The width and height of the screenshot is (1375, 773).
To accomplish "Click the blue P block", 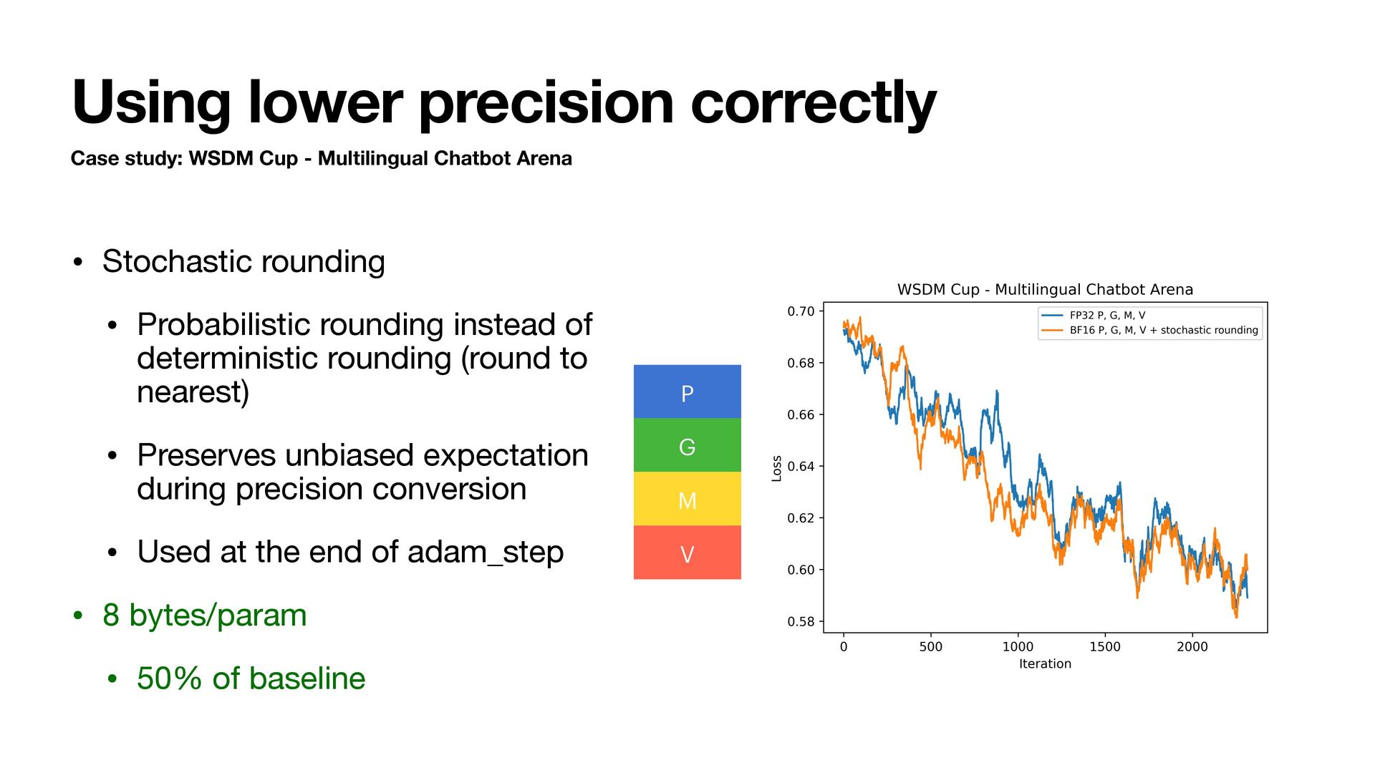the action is tap(687, 392).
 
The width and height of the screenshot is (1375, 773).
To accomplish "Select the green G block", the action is tap(687, 445).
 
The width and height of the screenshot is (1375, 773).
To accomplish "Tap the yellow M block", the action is tap(687, 499).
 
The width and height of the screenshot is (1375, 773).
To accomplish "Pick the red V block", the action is tap(687, 553).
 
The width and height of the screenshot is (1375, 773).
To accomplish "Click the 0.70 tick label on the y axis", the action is tap(801, 311).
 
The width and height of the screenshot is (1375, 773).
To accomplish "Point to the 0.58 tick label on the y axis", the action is tap(801, 621).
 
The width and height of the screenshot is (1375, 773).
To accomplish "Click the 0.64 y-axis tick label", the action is tap(801, 467).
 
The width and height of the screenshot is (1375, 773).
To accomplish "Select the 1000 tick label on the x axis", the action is tap(1018, 646).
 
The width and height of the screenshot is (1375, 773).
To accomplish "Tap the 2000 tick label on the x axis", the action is tap(1192, 646).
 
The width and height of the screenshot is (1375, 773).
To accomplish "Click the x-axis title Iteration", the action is tap(1045, 663).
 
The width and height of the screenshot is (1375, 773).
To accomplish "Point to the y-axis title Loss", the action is tap(776, 468).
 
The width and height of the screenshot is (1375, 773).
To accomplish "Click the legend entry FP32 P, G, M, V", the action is tap(1107, 315).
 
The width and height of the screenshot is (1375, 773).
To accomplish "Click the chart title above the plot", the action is tap(1045, 289).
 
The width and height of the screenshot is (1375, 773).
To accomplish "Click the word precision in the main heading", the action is tap(546, 103).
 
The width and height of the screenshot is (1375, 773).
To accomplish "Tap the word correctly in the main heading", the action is tap(814, 103).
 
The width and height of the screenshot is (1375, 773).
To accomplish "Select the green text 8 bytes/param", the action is tap(205, 615).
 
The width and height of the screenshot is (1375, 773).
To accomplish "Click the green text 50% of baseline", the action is tap(251, 678).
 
